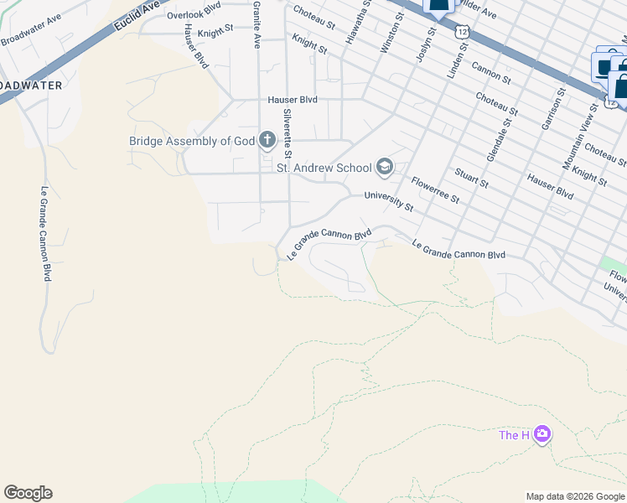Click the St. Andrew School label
click(324, 168)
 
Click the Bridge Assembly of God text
click(191, 141)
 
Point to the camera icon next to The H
click(542, 434)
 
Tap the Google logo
click(28, 493)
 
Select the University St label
click(389, 200)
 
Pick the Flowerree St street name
click(435, 189)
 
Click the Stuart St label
click(470, 177)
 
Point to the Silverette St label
click(287, 133)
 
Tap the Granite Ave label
click(256, 24)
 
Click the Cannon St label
click(491, 72)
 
